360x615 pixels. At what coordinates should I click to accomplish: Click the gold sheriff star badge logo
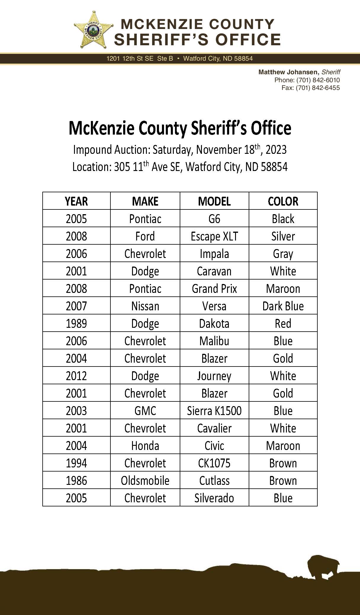94,30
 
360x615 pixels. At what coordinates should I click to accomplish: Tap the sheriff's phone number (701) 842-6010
318,80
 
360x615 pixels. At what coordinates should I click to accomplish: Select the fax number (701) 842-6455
318,88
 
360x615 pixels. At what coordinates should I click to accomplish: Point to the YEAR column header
76,201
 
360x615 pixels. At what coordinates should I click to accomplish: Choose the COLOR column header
283,201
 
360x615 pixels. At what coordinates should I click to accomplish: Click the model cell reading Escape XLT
214,236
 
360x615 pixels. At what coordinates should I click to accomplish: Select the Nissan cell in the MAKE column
145,306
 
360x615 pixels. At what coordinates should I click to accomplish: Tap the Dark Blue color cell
283,306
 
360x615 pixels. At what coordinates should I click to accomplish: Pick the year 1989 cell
76,323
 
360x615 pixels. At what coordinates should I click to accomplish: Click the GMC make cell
145,411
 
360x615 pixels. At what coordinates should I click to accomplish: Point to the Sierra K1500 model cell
214,411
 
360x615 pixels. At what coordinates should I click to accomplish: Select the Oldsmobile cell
145,480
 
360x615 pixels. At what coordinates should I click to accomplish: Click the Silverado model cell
214,498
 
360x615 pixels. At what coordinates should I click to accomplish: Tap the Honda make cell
145,445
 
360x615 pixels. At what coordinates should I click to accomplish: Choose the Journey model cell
214,376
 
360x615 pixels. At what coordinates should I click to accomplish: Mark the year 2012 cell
76,376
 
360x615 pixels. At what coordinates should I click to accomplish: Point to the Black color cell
283,219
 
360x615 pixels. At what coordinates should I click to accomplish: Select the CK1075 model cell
214,463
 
